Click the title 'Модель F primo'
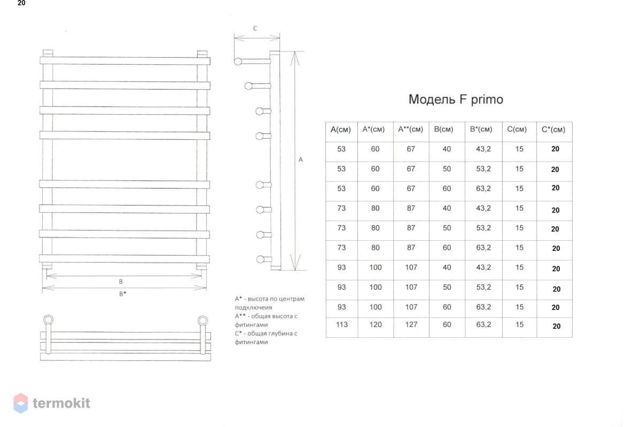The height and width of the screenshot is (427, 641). point(456,99)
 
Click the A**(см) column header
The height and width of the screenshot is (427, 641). point(410,129)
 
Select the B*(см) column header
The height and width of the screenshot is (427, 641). point(481,129)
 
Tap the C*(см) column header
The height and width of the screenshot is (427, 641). point(553,130)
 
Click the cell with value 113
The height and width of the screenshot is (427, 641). point(342,325)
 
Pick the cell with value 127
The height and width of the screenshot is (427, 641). point(411,325)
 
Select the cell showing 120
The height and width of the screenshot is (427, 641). point(375,325)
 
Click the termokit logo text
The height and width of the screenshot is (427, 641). point(61,403)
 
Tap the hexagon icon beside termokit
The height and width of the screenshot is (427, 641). point(21,404)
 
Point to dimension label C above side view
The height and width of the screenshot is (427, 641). point(255,28)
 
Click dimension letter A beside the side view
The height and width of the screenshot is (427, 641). point(300,160)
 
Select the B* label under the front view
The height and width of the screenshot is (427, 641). point(122,294)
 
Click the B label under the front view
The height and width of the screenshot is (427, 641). point(121,282)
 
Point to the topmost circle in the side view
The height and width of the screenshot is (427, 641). point(238,61)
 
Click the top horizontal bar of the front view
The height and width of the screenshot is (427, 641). point(125,61)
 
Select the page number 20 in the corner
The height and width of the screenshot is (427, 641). point(21,3)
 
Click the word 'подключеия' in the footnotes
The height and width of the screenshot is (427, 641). point(253,308)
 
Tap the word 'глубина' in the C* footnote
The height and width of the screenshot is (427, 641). point(281,334)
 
